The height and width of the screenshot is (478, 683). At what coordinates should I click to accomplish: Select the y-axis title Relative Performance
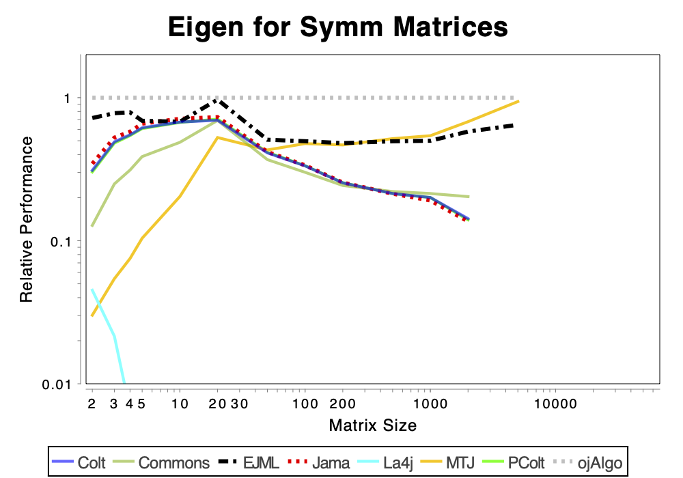pyautogui.click(x=27, y=219)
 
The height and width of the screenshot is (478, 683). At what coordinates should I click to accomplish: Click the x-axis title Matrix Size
pyautogui.click(x=373, y=425)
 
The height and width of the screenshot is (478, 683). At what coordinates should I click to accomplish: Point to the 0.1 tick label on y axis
pyautogui.click(x=60, y=241)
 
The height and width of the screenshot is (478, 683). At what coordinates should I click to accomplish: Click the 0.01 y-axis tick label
pyautogui.click(x=56, y=384)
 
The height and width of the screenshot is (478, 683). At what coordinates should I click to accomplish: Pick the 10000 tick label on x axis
pyautogui.click(x=555, y=404)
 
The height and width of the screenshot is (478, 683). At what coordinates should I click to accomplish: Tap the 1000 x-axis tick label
pyautogui.click(x=430, y=404)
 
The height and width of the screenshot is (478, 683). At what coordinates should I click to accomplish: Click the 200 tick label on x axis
pyautogui.click(x=342, y=404)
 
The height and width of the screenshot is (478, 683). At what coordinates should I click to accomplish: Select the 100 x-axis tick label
pyautogui.click(x=305, y=404)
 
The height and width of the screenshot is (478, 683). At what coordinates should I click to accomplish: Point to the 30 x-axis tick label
pyautogui.click(x=239, y=404)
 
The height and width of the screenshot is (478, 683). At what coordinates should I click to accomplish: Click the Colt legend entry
pyautogui.click(x=79, y=463)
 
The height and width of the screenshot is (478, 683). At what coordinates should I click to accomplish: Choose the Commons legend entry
pyautogui.click(x=161, y=463)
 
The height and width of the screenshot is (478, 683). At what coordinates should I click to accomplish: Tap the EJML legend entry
pyautogui.click(x=249, y=463)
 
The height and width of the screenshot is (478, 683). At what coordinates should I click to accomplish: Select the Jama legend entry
pyautogui.click(x=319, y=463)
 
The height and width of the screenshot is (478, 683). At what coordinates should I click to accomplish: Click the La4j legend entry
pyautogui.click(x=385, y=463)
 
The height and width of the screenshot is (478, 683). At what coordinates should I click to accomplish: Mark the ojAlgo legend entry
pyautogui.click(x=588, y=463)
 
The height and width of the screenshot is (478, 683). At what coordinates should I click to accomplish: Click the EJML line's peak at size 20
pyautogui.click(x=217, y=100)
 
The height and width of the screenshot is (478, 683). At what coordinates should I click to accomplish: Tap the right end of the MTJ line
pyautogui.click(x=518, y=102)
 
